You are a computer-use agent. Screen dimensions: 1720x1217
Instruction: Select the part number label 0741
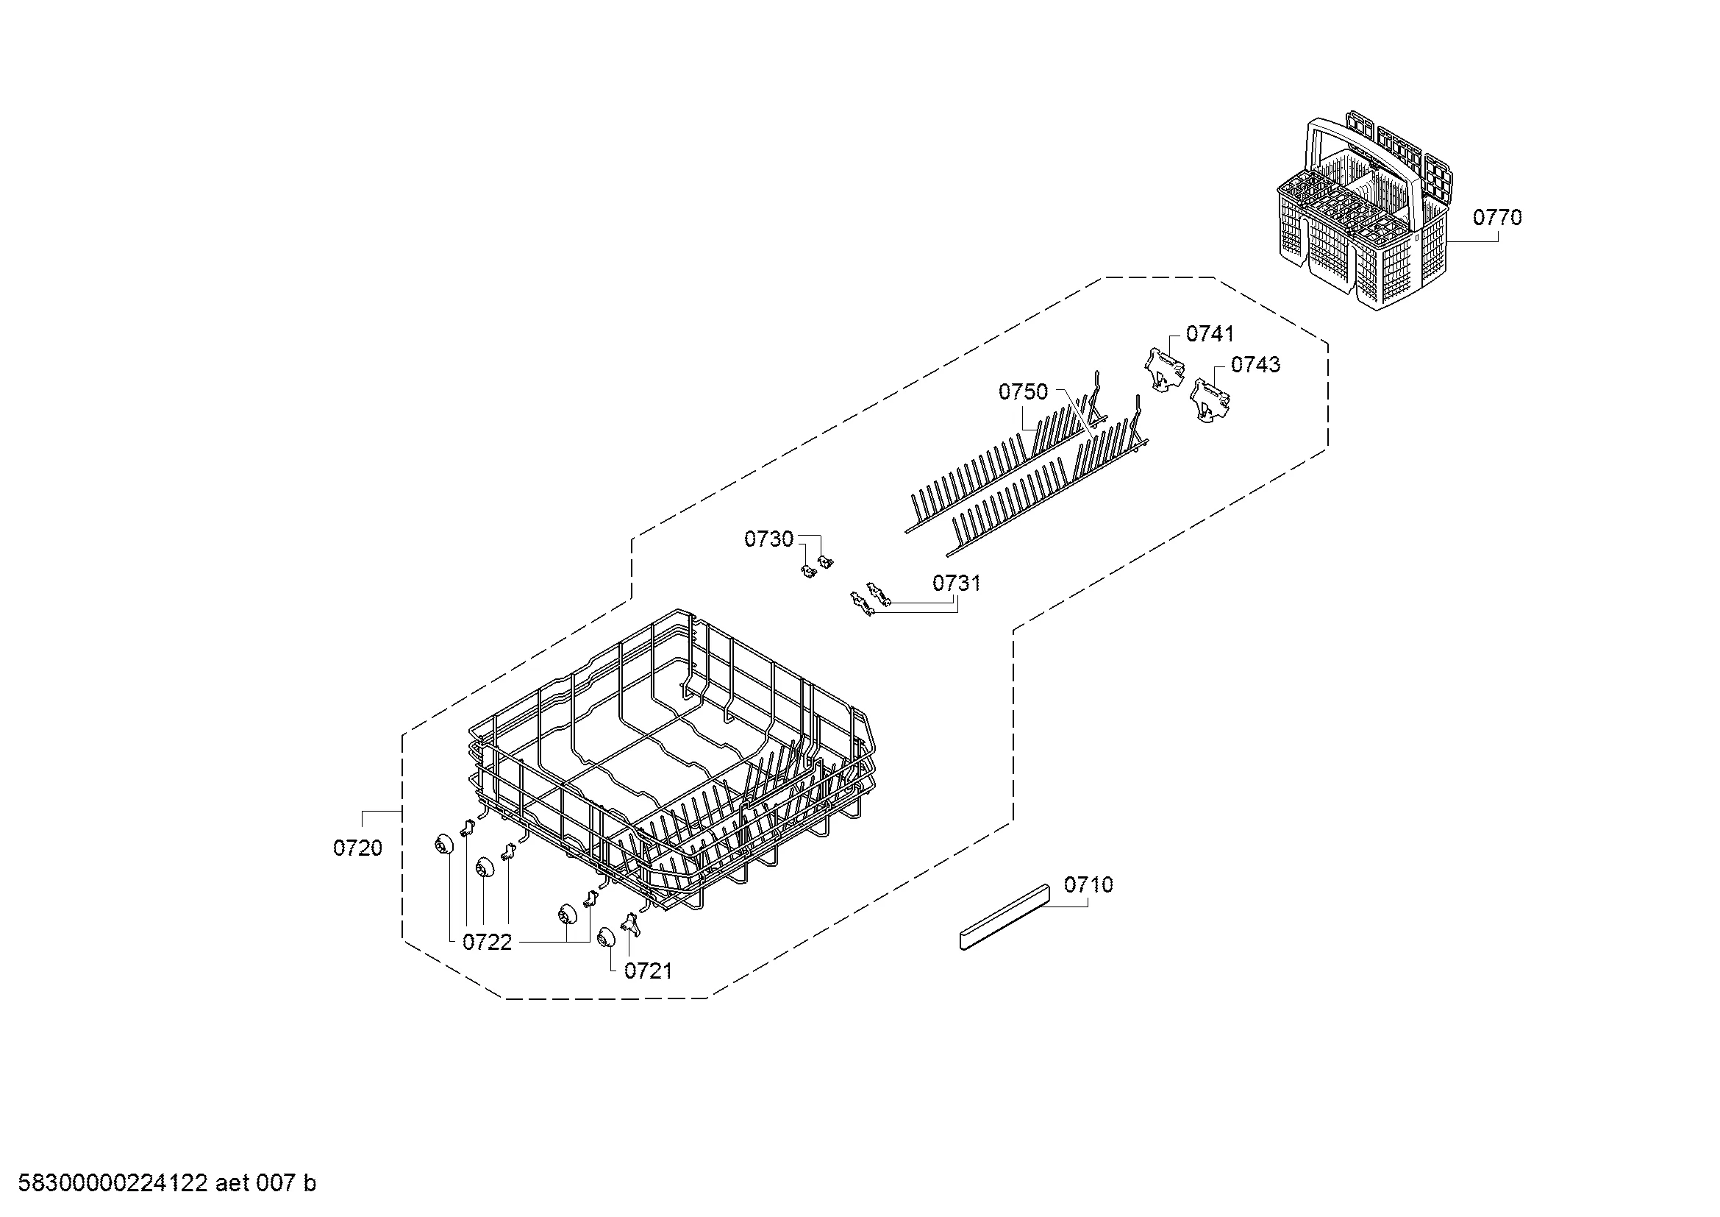pyautogui.click(x=1210, y=333)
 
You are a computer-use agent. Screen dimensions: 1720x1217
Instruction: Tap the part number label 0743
pyautogui.click(x=1255, y=364)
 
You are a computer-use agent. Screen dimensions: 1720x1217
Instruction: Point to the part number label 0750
pyautogui.click(x=1024, y=391)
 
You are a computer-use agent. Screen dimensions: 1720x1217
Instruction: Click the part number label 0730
pyautogui.click(x=768, y=539)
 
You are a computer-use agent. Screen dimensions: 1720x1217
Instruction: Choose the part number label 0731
pyautogui.click(x=957, y=583)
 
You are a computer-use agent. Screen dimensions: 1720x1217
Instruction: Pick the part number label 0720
pyautogui.click(x=358, y=848)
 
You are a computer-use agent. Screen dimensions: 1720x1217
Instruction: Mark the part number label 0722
pyautogui.click(x=487, y=942)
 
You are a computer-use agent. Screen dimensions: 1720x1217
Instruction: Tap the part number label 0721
pyautogui.click(x=649, y=971)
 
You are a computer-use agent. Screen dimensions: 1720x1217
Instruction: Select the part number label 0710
pyautogui.click(x=1088, y=884)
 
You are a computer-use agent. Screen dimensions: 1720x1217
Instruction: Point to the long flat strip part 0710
pyautogui.click(x=1004, y=918)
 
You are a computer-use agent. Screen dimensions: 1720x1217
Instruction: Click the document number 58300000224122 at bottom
pyautogui.click(x=113, y=1183)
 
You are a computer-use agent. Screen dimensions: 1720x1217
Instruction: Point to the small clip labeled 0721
pyautogui.click(x=632, y=924)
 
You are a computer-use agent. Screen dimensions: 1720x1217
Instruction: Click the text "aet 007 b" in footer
pyautogui.click(x=266, y=1183)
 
